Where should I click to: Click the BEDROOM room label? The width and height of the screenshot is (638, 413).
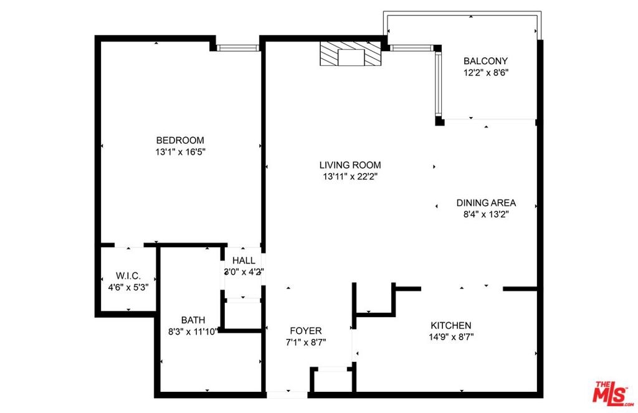(x=180, y=140)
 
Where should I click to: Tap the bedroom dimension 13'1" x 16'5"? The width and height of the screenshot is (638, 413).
(x=180, y=152)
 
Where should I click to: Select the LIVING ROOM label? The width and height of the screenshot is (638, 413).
(x=350, y=165)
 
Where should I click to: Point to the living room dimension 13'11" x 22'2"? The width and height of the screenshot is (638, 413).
(x=350, y=177)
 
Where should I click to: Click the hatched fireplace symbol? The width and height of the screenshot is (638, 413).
(x=350, y=53)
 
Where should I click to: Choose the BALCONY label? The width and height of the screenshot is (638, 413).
(x=485, y=61)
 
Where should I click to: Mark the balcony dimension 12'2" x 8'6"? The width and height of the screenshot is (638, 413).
(x=486, y=73)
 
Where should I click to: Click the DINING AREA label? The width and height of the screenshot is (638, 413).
(x=486, y=202)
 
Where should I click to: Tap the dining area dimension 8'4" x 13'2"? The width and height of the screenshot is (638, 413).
(x=486, y=214)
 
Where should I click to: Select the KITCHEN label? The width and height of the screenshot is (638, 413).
(x=451, y=326)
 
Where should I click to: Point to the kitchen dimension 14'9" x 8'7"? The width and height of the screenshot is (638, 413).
(x=451, y=337)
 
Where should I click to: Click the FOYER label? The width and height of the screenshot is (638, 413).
(x=305, y=331)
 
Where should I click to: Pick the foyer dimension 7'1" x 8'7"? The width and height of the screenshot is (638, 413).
(x=305, y=343)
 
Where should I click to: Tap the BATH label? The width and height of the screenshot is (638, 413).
(x=193, y=320)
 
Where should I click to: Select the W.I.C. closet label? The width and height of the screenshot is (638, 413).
(x=128, y=276)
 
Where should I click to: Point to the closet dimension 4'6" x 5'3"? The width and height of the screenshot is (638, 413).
(x=128, y=287)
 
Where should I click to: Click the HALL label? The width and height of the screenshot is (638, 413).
(x=244, y=260)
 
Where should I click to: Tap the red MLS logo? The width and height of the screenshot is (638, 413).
(x=613, y=394)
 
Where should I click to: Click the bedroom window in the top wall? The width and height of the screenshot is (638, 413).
(x=238, y=48)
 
